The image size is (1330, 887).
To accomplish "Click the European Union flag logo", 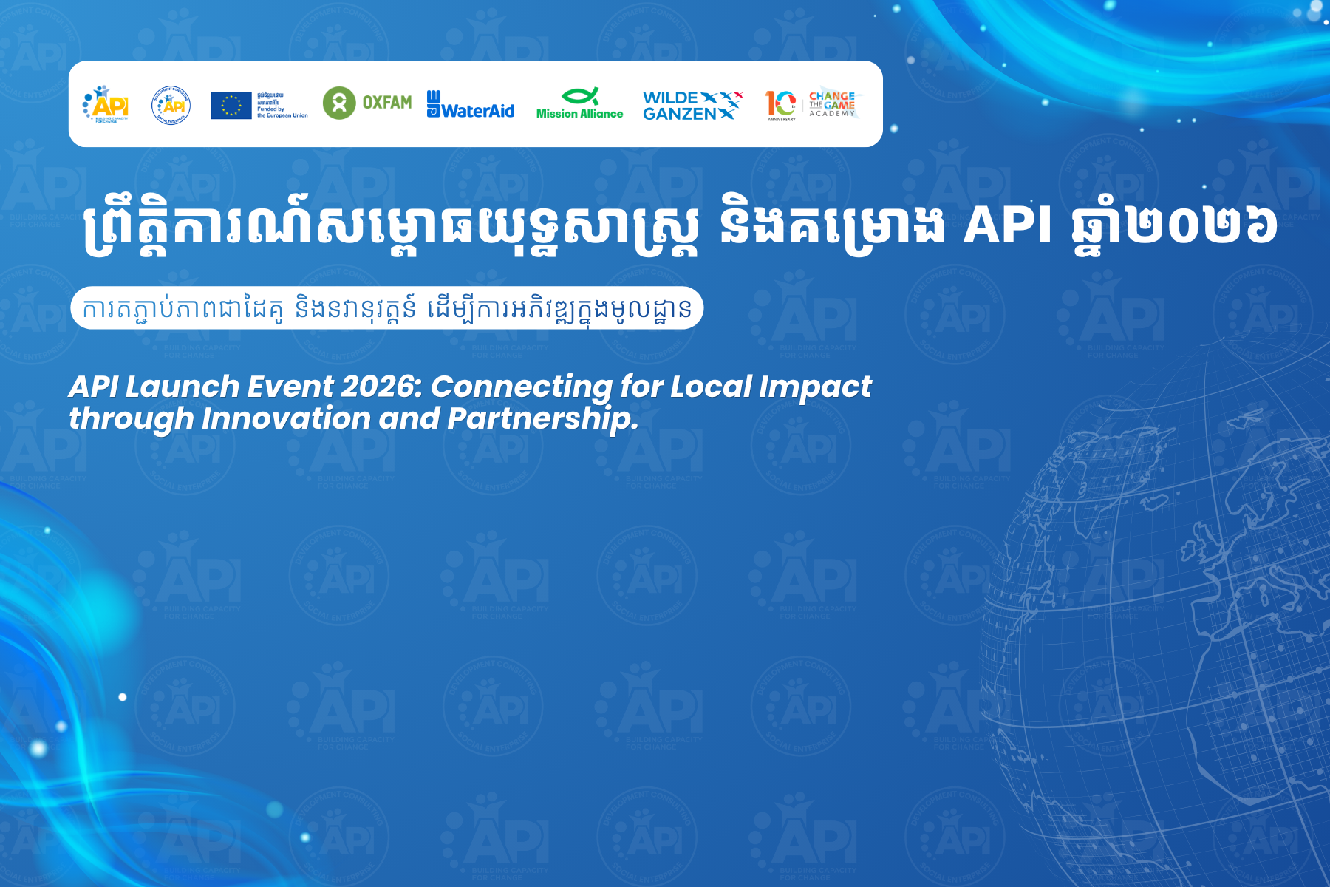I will click(231, 105).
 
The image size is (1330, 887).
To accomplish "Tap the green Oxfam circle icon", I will click(339, 103).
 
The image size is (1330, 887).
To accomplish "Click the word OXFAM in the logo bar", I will click(386, 103).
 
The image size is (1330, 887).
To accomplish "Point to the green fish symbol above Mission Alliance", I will click(580, 95).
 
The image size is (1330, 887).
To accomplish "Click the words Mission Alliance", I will click(579, 114).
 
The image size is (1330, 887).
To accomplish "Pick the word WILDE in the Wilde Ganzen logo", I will click(670, 98).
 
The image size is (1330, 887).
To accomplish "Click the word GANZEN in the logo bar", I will click(679, 114).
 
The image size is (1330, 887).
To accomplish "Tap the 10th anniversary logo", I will click(781, 105).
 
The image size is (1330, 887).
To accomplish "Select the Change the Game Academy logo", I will click(832, 104).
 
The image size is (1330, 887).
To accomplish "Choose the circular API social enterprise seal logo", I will click(171, 105).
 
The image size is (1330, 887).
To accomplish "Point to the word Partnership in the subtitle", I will click(542, 419).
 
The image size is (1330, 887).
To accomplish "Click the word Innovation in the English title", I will click(286, 419).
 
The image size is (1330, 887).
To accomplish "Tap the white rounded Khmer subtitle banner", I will click(386, 308).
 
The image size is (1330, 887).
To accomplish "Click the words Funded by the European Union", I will click(282, 112).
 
